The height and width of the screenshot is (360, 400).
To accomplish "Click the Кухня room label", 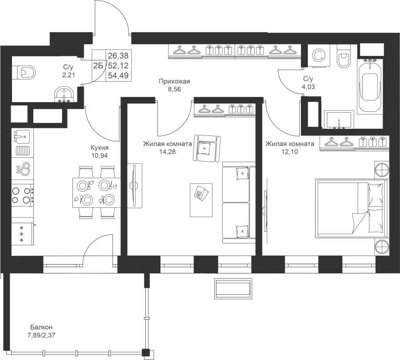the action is [x=100, y=148].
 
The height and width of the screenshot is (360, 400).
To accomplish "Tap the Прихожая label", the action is [x=175, y=82].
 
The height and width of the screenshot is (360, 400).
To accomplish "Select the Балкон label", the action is [x=41, y=327].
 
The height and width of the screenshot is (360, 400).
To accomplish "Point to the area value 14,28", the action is [x=168, y=152].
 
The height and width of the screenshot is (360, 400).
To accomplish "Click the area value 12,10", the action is [x=290, y=152].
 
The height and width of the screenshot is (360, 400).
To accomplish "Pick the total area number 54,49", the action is [x=118, y=75].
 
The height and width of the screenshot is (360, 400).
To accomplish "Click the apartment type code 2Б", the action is [x=98, y=66].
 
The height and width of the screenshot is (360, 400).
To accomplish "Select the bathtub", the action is [x=370, y=87].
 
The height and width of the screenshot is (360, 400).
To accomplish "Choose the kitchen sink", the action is [x=22, y=136].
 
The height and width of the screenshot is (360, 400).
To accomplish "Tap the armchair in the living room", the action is [x=207, y=148].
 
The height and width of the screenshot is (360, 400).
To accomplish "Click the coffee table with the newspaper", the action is [x=201, y=200].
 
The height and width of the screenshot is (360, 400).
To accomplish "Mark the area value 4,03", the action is [x=308, y=87].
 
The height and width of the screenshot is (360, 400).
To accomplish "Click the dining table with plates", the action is [x=96, y=193].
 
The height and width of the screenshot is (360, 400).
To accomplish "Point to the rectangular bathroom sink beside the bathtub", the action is [x=339, y=119].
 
